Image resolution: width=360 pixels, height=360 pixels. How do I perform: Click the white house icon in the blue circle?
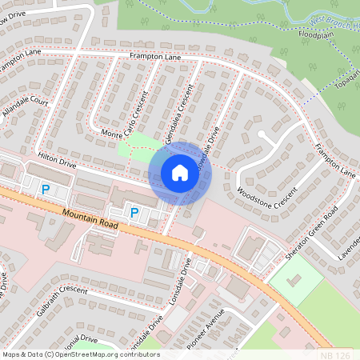coord(180,173)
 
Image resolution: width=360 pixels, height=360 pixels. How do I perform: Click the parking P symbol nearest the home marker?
coord(134,212)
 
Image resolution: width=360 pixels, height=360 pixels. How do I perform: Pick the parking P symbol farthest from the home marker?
coord(46,190)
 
